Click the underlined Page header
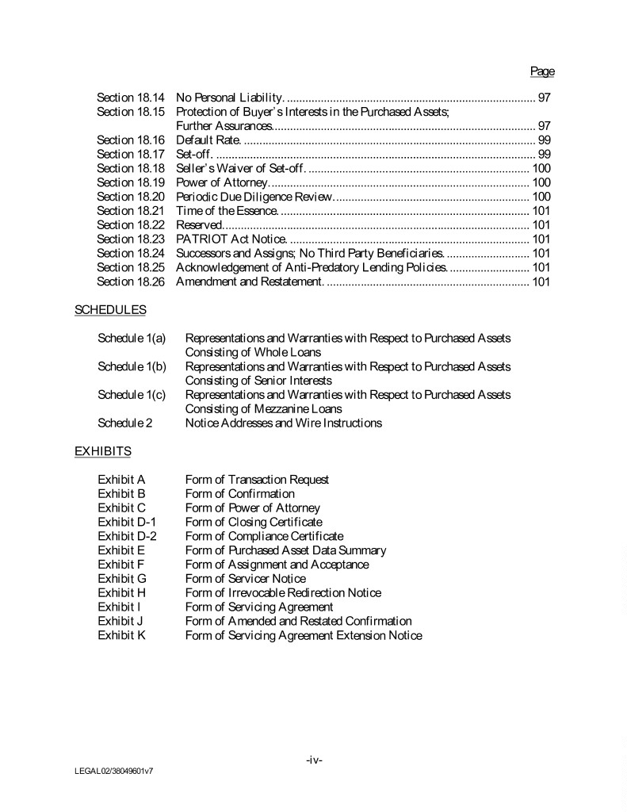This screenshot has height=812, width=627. click(x=542, y=71)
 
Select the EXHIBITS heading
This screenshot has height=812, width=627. click(x=103, y=451)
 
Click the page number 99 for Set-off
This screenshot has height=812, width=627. click(x=544, y=154)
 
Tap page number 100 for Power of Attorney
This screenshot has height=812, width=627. click(x=541, y=182)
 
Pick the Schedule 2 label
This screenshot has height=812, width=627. click(x=125, y=423)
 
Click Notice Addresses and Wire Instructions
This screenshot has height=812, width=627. click(x=283, y=423)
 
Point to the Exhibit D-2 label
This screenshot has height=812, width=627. click(x=127, y=536)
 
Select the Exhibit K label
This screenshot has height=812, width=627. click(x=121, y=635)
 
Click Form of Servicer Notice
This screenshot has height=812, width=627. click(x=245, y=579)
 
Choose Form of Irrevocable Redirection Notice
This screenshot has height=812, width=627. click(x=283, y=592)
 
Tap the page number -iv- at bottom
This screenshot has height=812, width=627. click(x=314, y=760)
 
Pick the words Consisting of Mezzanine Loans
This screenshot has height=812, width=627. click(x=263, y=408)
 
